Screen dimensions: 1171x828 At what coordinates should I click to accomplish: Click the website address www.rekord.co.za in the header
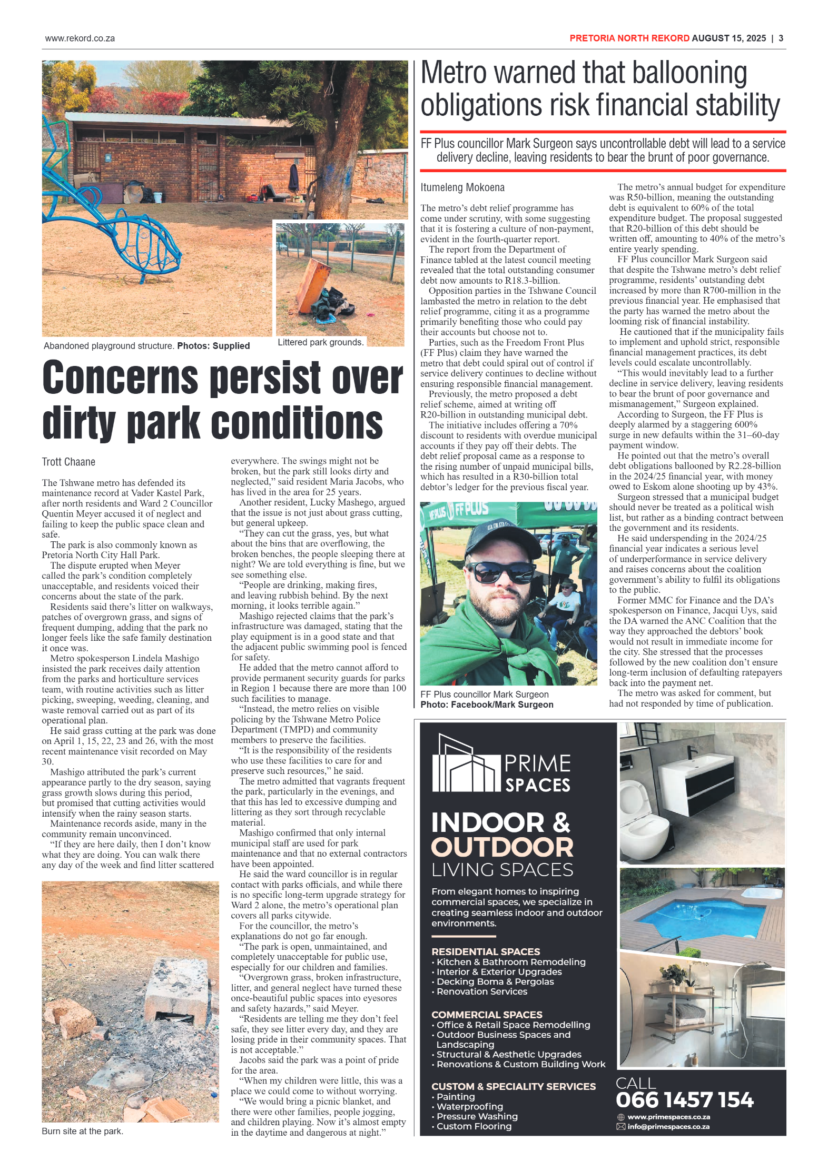coord(80,38)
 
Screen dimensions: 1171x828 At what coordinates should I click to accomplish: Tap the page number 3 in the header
coord(781,38)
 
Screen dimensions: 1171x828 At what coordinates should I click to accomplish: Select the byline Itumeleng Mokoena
coord(462,187)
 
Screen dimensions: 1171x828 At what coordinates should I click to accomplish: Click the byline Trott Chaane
coord(68,462)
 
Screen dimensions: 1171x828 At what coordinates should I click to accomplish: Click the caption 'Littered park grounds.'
coord(320,342)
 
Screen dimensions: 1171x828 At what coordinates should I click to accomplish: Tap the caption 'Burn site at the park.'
coord(82,1131)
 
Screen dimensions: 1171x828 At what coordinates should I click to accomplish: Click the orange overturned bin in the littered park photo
coord(311,284)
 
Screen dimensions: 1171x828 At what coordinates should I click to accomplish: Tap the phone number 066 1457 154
coord(684,1100)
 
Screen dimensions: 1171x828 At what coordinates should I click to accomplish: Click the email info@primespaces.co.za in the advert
coord(668,1127)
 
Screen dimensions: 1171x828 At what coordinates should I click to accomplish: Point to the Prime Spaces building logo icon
coord(465,764)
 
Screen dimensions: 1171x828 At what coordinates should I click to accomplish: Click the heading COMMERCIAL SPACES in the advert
coord(487,1015)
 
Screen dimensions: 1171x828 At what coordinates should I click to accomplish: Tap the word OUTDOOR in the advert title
coord(502,847)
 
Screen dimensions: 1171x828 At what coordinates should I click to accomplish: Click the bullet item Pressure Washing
coord(477,1116)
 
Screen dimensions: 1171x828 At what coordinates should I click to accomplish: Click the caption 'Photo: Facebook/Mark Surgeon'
coord(487,704)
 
